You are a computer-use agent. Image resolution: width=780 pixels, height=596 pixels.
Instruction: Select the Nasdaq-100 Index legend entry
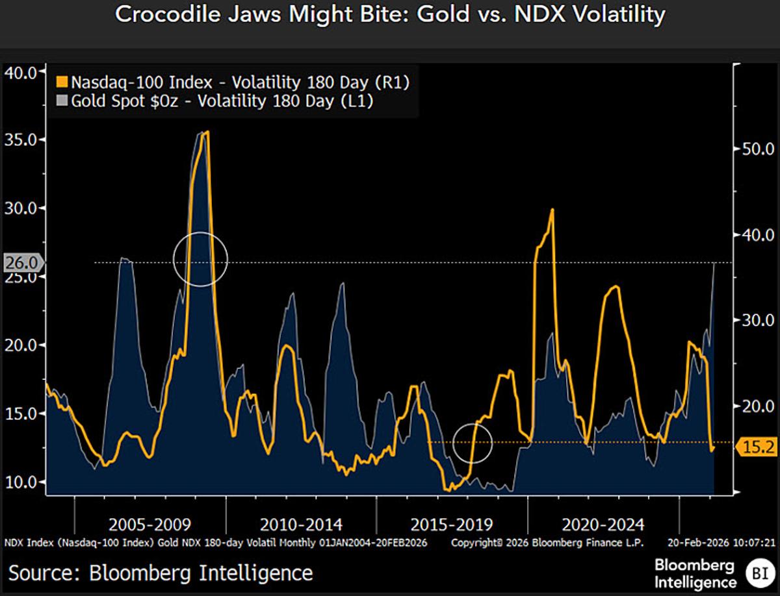point(234,82)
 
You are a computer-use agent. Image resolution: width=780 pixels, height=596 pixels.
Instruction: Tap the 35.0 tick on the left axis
point(21,140)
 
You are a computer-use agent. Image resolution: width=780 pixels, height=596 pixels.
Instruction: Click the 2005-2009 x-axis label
point(149,524)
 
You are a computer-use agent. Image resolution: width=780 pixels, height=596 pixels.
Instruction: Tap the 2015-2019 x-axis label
point(452,524)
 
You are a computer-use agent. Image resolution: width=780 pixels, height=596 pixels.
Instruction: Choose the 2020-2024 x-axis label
point(603,524)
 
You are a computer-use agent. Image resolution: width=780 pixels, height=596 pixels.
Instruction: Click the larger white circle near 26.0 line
point(201,259)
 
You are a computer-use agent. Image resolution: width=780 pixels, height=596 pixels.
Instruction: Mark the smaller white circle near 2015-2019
point(473,443)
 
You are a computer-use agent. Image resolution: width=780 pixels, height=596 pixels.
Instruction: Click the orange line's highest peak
point(207,132)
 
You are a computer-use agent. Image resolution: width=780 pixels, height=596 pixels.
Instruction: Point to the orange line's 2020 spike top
point(552,210)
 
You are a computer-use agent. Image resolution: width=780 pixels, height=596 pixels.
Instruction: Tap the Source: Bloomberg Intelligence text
point(161,573)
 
